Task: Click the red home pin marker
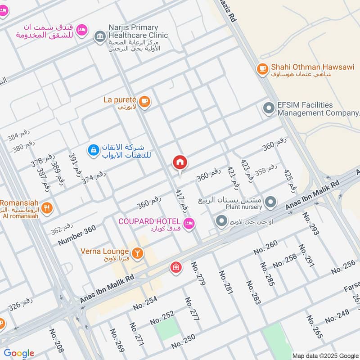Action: point(180,163)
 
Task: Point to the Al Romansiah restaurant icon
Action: point(47,208)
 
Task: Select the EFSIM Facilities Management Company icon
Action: point(269,108)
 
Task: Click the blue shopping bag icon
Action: point(93,150)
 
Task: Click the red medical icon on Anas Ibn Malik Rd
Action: point(175,268)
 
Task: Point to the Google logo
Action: point(19,353)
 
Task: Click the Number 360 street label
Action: point(77,235)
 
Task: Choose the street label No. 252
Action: point(162,318)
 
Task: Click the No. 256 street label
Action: point(344,266)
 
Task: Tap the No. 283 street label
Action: point(253,292)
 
